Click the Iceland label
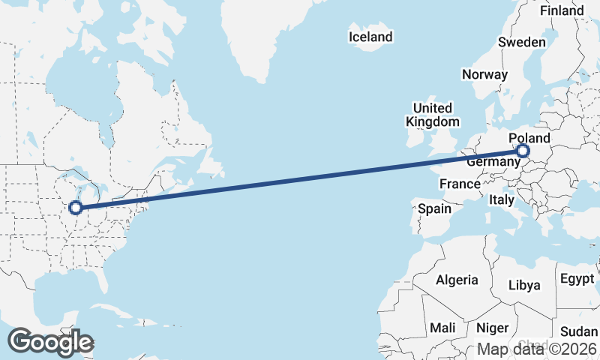[x=370, y=37]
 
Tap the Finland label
[x=561, y=10]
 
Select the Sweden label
[x=522, y=42]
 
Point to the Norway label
[x=484, y=74]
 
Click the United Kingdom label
[x=432, y=115]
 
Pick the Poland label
[x=529, y=139]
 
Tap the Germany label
[x=493, y=162]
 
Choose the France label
[x=460, y=184]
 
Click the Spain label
[x=434, y=208]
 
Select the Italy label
[x=501, y=200]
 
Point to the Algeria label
[x=457, y=280]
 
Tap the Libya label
[x=524, y=285]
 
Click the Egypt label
[x=577, y=279]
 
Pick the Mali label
[x=442, y=328]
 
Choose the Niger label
[x=493, y=328]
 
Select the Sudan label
[x=579, y=331]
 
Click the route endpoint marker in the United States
[x=76, y=208]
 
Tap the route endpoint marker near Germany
[x=523, y=152]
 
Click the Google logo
[x=50, y=342]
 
